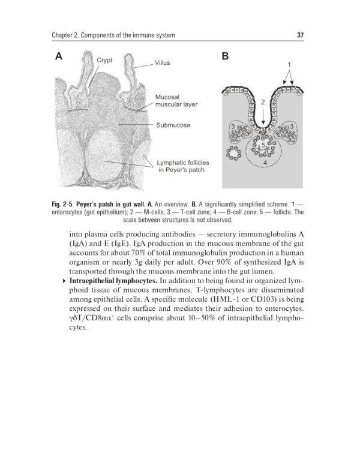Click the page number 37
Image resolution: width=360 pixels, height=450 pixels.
point(301,36)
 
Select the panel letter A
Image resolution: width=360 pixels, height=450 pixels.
point(59,58)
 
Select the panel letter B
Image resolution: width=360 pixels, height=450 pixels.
point(225,58)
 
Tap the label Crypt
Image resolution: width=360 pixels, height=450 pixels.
point(106,60)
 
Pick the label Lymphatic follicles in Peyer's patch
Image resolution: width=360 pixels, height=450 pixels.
point(181,166)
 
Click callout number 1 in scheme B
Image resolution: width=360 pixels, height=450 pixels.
point(289,64)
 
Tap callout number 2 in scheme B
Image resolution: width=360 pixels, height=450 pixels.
point(263,103)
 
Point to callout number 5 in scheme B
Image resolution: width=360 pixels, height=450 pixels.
point(263,145)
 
